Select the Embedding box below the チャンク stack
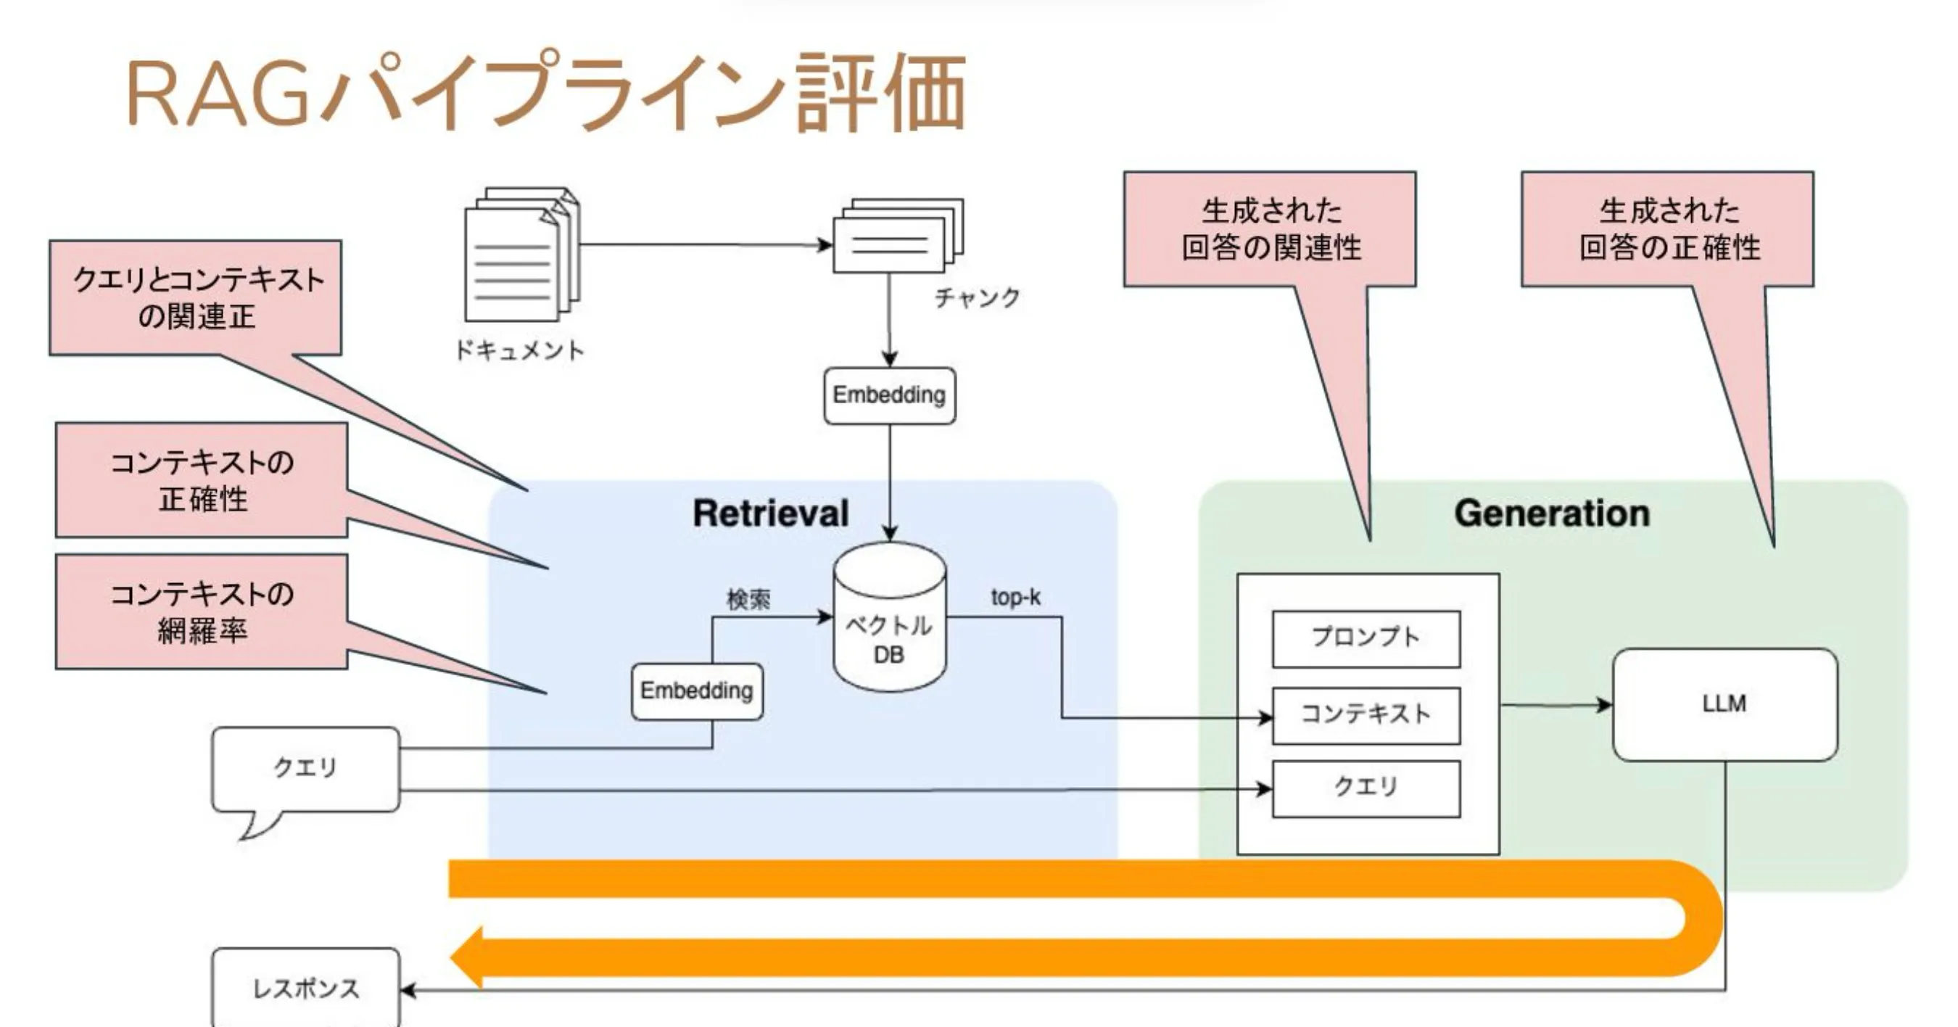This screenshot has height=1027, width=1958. [889, 395]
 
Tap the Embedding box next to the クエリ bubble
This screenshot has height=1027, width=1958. [696, 691]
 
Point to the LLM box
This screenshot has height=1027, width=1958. [1724, 704]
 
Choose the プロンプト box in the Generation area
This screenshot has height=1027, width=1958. [1366, 638]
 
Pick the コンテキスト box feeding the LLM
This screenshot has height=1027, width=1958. [1366, 714]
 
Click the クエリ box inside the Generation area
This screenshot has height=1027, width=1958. [1366, 788]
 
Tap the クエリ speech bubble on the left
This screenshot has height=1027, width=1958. [305, 769]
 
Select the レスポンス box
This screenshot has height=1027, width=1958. [305, 989]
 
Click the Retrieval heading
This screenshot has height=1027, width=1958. [770, 513]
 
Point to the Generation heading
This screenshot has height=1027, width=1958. [1552, 513]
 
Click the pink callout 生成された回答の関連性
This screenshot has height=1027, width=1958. [1270, 228]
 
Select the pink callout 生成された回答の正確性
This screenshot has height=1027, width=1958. [1668, 228]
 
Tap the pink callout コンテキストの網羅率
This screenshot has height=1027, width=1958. [202, 611]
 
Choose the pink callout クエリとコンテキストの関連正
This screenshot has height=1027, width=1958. [196, 297]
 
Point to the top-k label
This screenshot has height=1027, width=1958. [1015, 598]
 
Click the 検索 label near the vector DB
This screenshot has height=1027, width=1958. [748, 600]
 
